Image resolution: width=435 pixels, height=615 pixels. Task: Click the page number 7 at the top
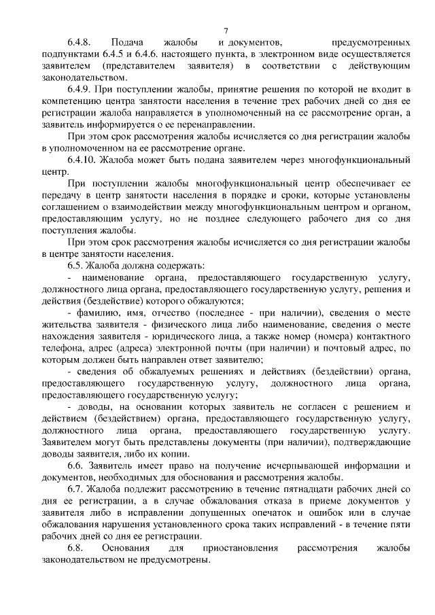(x=226, y=30)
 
